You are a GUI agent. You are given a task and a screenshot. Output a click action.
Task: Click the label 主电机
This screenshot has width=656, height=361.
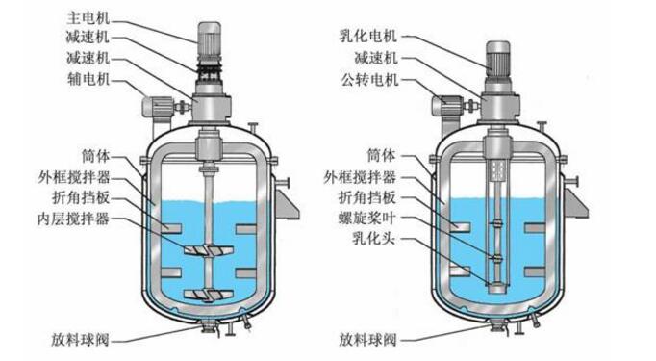88,18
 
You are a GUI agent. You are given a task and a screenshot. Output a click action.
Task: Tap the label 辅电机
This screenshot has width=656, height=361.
88,79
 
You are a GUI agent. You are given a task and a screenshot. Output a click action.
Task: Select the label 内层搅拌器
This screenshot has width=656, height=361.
74,219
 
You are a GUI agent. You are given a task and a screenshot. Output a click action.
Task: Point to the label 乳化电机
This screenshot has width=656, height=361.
368,36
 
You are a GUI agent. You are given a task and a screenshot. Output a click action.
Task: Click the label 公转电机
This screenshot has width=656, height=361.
369,79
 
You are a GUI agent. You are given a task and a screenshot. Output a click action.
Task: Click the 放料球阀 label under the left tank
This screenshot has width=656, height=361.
81,339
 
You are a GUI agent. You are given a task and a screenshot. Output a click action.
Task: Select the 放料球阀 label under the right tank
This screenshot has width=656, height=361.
367,339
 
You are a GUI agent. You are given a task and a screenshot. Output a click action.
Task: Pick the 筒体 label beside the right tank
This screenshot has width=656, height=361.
381,155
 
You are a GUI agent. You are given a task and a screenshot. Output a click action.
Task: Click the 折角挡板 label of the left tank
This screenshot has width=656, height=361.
81,197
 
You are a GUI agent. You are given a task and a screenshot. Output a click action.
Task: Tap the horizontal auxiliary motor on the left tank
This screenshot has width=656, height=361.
158,106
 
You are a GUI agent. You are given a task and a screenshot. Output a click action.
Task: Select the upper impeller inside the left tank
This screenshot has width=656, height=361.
209,249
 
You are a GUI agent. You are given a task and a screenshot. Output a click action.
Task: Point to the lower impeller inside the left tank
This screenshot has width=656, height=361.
209,295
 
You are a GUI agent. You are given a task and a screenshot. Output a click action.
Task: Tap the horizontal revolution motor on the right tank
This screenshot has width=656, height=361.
447,106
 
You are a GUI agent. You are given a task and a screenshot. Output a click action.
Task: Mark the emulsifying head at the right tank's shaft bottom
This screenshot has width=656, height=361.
497,287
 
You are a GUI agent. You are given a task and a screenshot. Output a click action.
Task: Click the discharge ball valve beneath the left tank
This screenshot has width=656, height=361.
208,325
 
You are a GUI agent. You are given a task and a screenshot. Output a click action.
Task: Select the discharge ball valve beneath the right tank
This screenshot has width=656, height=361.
498,325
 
